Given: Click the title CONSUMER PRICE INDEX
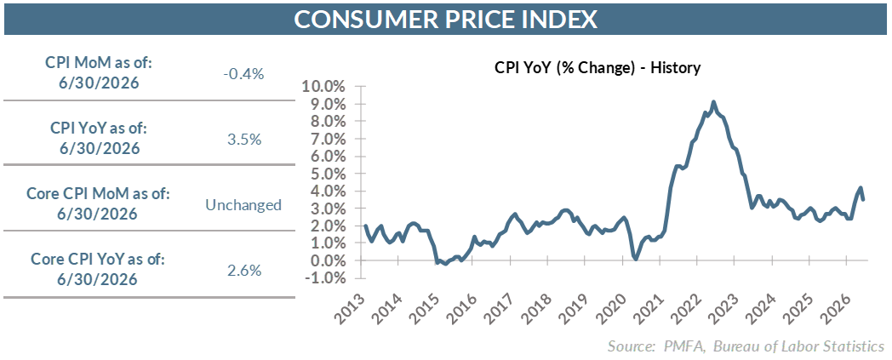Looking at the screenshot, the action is [446, 20].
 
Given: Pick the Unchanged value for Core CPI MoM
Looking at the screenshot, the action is [243, 205].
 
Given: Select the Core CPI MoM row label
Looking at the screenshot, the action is [99, 204].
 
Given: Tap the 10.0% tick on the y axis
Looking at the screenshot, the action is [325, 87].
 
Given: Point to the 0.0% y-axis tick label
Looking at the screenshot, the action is [329, 261].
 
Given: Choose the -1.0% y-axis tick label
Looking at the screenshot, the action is [326, 278].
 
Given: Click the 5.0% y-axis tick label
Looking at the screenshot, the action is [329, 174].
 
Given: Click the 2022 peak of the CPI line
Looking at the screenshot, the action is [713, 102].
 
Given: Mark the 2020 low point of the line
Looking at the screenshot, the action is [636, 260].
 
